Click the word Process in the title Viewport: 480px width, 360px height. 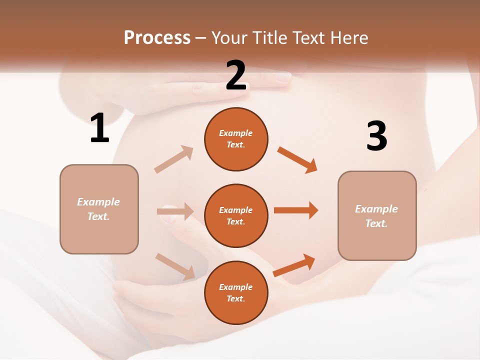click(x=157, y=38)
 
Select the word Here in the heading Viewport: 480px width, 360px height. click(x=349, y=38)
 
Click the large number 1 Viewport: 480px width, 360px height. click(x=99, y=128)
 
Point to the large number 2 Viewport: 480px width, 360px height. click(x=236, y=76)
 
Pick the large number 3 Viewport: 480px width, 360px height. click(x=376, y=136)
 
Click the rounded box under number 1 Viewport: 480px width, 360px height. click(x=99, y=209)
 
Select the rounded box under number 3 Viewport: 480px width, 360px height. click(x=377, y=215)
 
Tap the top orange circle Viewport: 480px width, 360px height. click(x=236, y=139)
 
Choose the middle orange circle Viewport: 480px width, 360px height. click(x=236, y=215)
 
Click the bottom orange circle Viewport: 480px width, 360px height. click(x=236, y=292)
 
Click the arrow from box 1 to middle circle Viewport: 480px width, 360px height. click(x=175, y=212)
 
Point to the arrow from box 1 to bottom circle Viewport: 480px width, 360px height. click(x=175, y=265)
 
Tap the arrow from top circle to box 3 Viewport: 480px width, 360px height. click(x=297, y=160)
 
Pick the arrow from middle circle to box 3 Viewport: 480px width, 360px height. click(x=296, y=210)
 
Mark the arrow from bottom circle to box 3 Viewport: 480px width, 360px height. click(x=294, y=265)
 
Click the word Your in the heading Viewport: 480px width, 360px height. click(x=227, y=38)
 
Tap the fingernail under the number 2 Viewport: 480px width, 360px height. click(x=283, y=77)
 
